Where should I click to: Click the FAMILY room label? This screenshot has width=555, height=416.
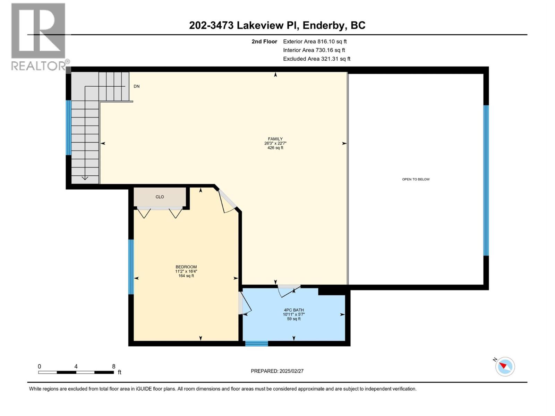(275, 139)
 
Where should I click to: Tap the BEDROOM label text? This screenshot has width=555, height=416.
(186, 267)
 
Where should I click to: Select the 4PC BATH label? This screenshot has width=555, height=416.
(294, 310)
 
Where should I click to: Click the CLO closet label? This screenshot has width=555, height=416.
(160, 197)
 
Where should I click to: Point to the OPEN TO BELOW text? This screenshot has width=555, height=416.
(416, 179)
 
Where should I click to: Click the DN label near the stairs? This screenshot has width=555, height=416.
(137, 86)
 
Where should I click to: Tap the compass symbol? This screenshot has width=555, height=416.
(505, 366)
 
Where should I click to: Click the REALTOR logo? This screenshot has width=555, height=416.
(38, 36)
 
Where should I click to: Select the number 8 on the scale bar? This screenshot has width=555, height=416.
(113, 366)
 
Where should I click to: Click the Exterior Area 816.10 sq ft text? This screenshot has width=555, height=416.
(315, 41)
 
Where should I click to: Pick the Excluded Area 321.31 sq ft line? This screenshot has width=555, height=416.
(316, 59)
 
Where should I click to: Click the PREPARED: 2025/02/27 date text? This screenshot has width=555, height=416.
(277, 371)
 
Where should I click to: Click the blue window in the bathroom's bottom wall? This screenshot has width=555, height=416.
(256, 344)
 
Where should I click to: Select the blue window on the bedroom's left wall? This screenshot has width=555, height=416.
(131, 267)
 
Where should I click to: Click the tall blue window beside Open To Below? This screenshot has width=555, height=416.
(486, 180)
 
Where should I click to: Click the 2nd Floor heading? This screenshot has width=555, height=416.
(264, 41)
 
